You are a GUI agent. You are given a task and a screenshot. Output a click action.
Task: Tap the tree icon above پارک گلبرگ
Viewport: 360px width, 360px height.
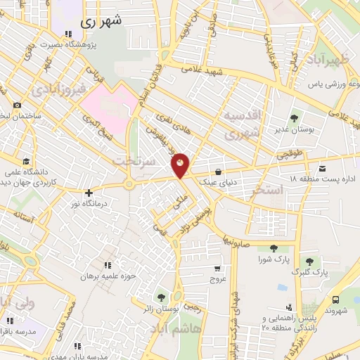pos(309,261)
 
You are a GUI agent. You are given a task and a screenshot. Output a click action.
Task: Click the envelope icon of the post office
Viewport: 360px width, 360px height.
pos(322,169)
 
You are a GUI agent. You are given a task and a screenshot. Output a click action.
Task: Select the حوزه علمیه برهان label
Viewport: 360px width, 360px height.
pos(105,277)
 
